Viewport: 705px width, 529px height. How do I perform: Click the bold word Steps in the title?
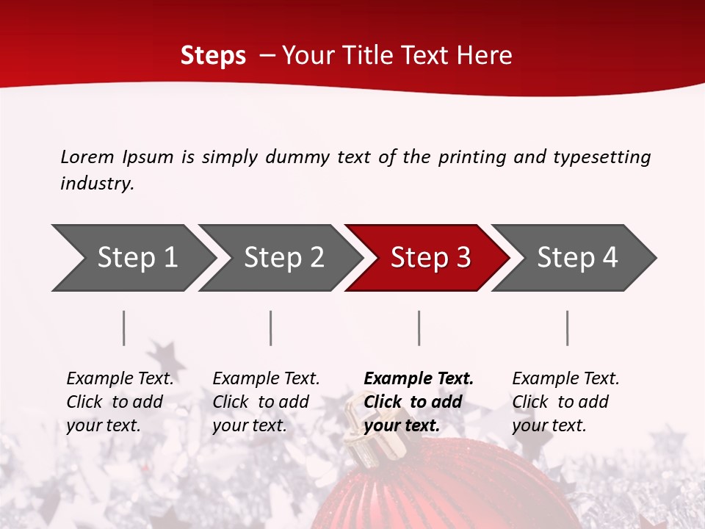point(213,55)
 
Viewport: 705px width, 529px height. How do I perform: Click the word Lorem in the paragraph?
point(87,156)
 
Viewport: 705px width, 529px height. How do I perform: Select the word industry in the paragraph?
point(96,184)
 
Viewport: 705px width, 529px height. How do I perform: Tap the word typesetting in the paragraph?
point(601,156)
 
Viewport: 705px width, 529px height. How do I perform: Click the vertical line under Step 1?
point(124,328)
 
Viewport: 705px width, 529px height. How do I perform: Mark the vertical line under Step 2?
point(271,328)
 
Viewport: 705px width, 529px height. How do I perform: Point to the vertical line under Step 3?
point(419,328)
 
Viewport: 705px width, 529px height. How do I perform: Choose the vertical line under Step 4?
point(568,328)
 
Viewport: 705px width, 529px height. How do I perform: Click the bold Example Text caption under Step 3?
point(419,402)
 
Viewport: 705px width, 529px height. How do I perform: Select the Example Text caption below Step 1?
point(120,402)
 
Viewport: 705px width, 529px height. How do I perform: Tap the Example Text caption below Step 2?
point(266,402)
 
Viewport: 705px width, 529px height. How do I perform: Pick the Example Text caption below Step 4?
point(565,402)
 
